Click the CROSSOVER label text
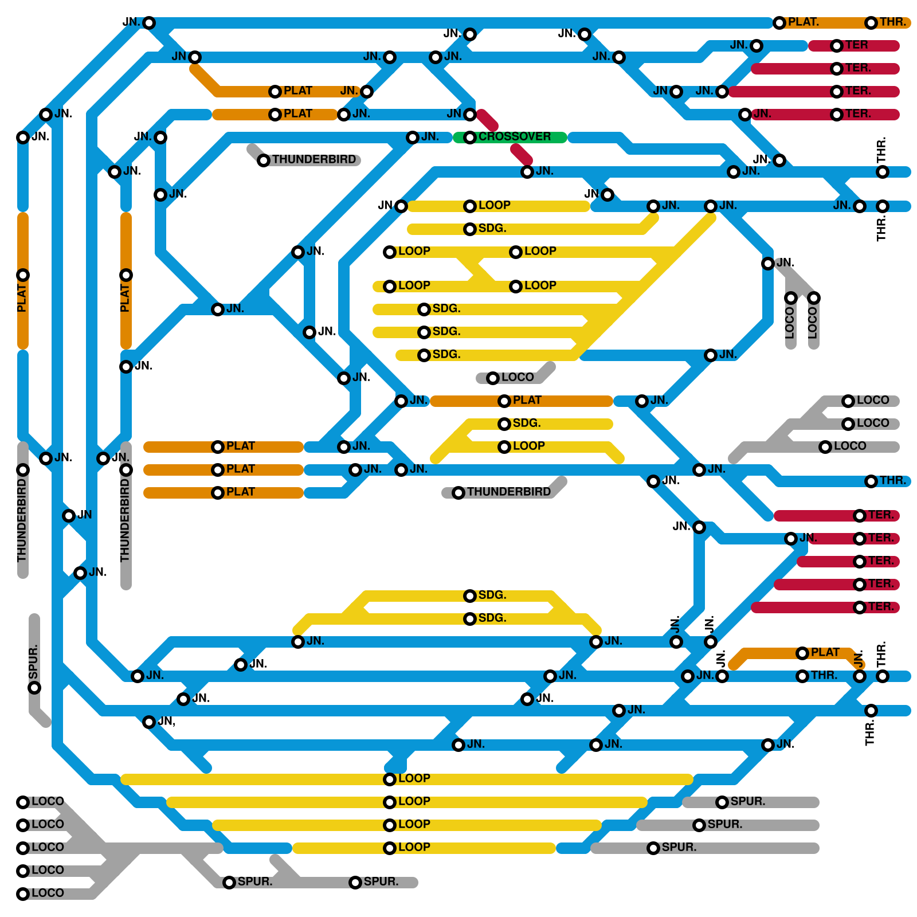(x=514, y=137)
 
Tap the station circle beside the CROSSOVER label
(x=470, y=138)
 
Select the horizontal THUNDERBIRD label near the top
(x=313, y=160)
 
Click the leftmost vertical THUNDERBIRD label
(x=22, y=520)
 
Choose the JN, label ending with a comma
(x=167, y=722)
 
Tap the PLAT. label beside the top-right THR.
(x=803, y=22)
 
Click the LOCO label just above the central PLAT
(x=517, y=378)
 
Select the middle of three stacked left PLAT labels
(x=240, y=469)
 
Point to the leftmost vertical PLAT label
(x=22, y=299)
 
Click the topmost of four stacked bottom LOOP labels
(x=414, y=779)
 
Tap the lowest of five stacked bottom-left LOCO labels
(x=48, y=894)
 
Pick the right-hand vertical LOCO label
(x=813, y=323)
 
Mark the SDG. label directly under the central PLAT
(x=526, y=424)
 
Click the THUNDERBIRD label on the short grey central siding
(x=508, y=492)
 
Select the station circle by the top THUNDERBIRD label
(x=264, y=160)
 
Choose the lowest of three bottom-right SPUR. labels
(x=679, y=848)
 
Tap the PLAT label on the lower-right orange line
(x=825, y=653)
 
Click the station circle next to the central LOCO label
(x=493, y=378)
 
